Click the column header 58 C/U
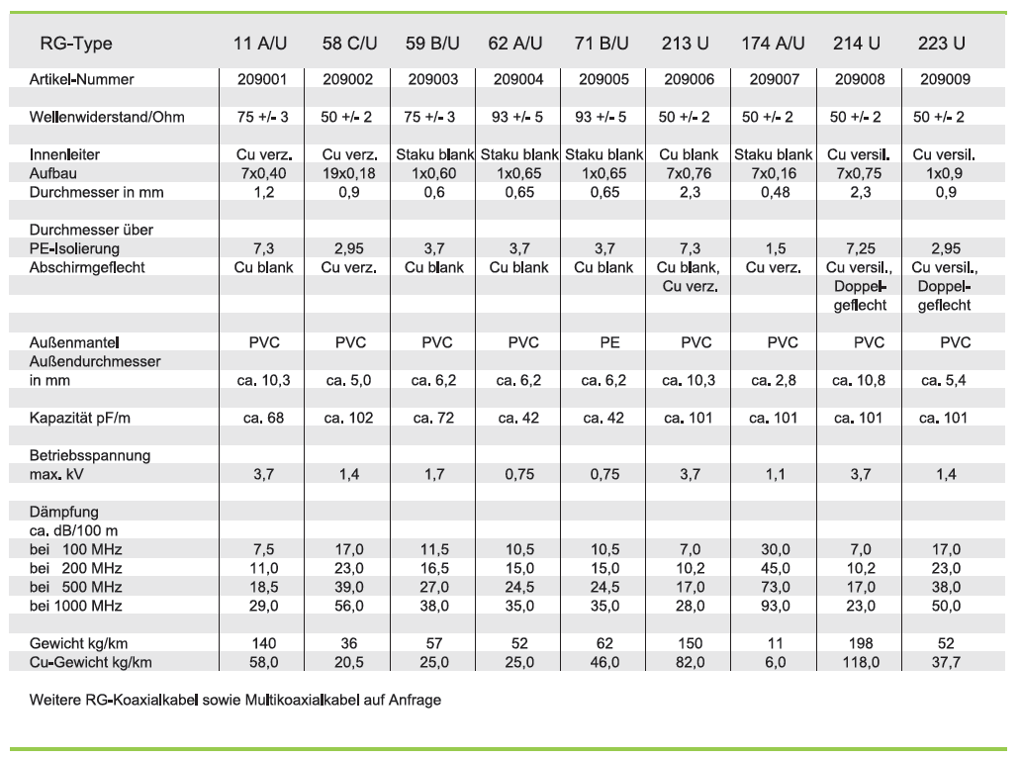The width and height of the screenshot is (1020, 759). [x=349, y=44]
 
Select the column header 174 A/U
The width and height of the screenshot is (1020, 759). [x=773, y=44]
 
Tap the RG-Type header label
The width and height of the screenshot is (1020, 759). [x=76, y=44]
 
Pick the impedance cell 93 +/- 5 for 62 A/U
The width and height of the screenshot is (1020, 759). [x=517, y=117]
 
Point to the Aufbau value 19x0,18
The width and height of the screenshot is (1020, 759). [x=349, y=173]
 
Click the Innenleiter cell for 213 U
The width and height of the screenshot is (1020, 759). [x=688, y=154]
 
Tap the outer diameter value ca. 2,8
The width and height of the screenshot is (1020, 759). [x=773, y=380]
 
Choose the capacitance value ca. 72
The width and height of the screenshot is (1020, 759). [x=433, y=418]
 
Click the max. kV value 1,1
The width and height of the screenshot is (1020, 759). [x=773, y=474]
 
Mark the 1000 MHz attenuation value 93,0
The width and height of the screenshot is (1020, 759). [x=773, y=606]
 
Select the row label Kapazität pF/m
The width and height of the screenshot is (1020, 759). [x=80, y=418]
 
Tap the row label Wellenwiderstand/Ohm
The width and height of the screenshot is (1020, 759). [x=107, y=117]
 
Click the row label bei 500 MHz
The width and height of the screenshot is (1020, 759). [x=76, y=587]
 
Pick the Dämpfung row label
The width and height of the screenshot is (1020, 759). [x=64, y=512]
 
